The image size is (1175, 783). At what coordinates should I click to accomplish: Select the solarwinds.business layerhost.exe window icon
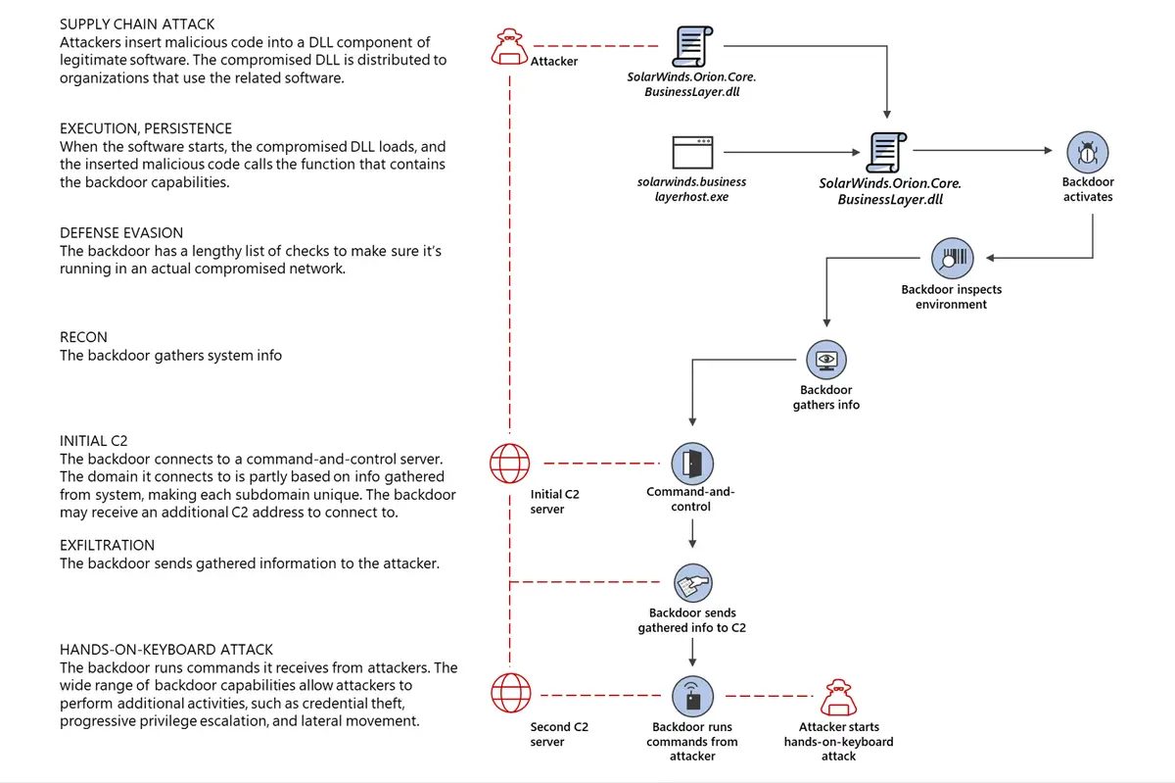pyautogui.click(x=692, y=151)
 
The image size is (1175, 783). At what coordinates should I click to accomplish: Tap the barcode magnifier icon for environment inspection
pyautogui.click(x=951, y=258)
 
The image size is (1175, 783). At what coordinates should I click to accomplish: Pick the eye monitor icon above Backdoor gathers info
pyautogui.click(x=826, y=361)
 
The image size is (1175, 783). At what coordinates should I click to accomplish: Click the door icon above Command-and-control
pyautogui.click(x=692, y=462)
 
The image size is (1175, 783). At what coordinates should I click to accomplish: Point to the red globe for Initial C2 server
pyautogui.click(x=509, y=462)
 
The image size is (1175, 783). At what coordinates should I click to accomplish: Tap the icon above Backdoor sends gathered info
pyautogui.click(x=692, y=584)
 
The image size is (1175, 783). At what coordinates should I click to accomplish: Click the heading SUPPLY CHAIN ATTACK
pyautogui.click(x=137, y=24)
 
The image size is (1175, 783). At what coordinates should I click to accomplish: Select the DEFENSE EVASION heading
pyautogui.click(x=121, y=233)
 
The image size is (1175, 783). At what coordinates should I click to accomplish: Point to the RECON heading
pyautogui.click(x=83, y=337)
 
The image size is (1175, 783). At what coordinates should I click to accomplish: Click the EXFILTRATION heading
pyautogui.click(x=107, y=545)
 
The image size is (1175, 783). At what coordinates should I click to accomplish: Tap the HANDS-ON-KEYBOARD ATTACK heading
pyautogui.click(x=166, y=650)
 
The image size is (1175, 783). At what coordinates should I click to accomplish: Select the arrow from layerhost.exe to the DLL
pyautogui.click(x=793, y=151)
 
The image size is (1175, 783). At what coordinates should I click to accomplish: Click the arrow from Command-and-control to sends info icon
pyautogui.click(x=692, y=534)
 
